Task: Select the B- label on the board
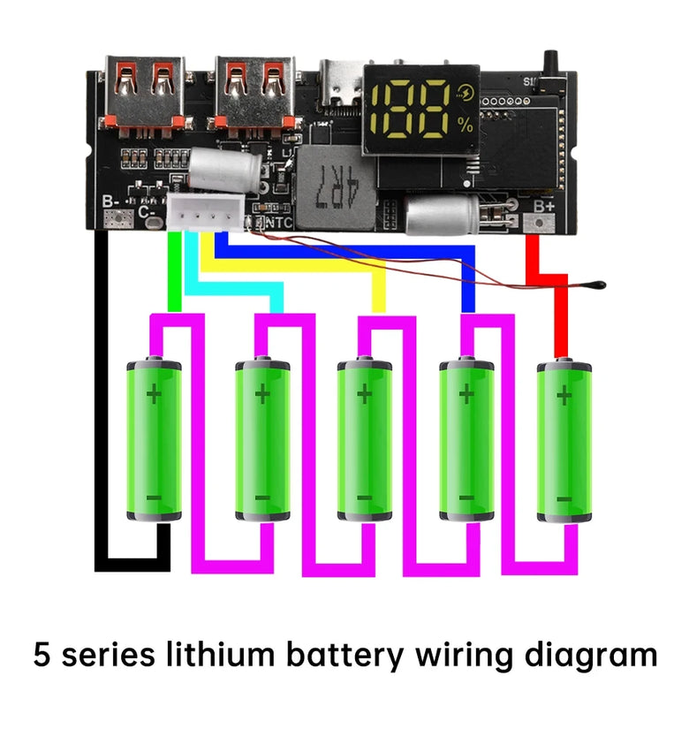(x=111, y=202)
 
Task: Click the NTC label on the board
(x=279, y=224)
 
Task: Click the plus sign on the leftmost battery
(x=155, y=392)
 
